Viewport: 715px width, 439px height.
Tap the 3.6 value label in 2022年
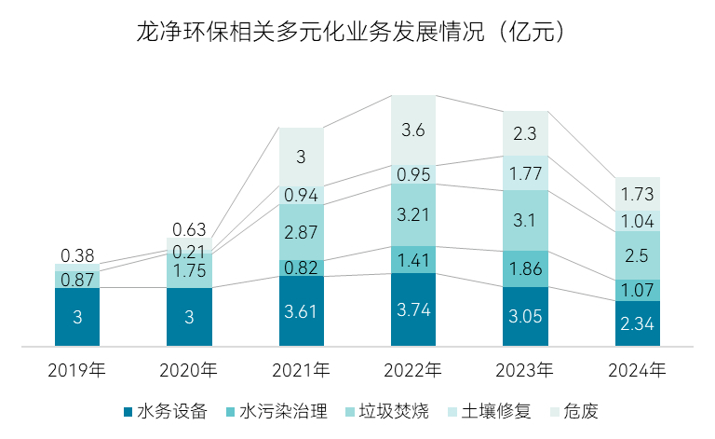(x=413, y=130)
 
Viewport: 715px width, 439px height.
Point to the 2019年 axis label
(x=78, y=370)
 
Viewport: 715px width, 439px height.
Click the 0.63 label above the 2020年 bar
(x=190, y=229)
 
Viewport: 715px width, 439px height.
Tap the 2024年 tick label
(x=637, y=370)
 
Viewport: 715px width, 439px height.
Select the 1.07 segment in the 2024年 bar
(x=637, y=290)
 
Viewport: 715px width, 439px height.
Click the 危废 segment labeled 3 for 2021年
(x=302, y=157)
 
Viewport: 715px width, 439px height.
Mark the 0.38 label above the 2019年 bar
(x=78, y=255)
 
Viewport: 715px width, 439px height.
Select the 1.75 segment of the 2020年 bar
(x=190, y=270)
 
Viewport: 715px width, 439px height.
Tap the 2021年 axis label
(x=302, y=370)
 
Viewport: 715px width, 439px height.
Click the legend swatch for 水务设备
(x=128, y=411)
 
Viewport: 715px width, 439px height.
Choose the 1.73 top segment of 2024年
(x=637, y=194)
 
